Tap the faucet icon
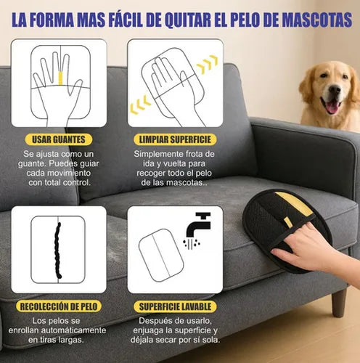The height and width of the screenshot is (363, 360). (x=197, y=226)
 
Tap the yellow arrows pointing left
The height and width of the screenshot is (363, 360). (x=141, y=108)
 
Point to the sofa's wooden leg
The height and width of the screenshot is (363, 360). (x=338, y=302)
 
